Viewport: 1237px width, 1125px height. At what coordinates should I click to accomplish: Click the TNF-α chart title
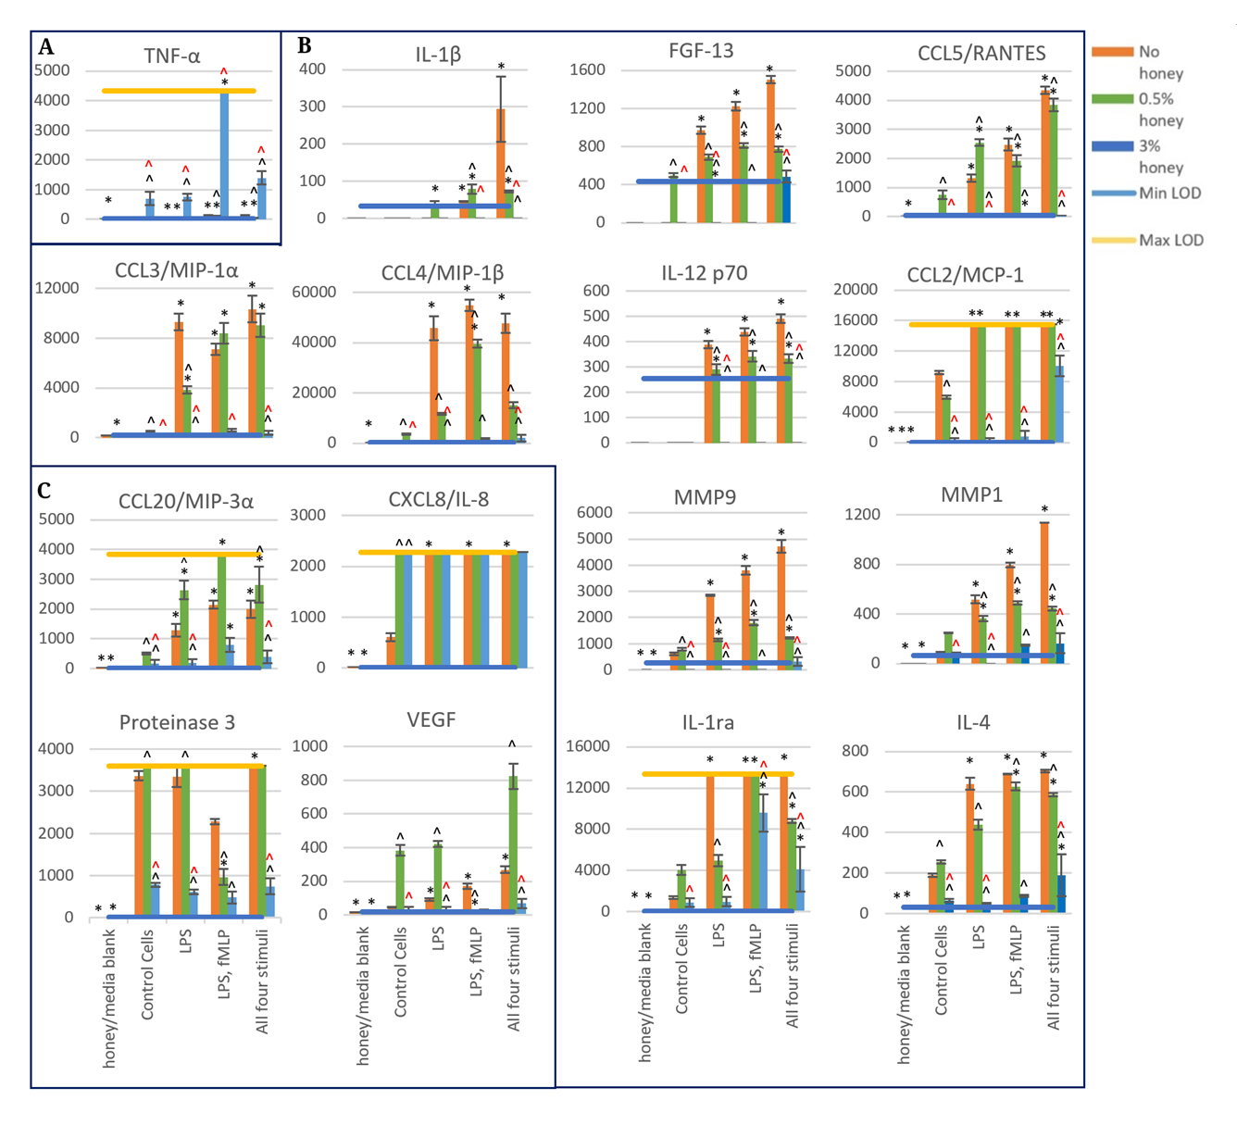click(x=172, y=56)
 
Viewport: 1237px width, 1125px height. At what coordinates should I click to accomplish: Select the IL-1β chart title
click(x=438, y=56)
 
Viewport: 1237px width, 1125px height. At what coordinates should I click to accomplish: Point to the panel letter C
click(x=44, y=491)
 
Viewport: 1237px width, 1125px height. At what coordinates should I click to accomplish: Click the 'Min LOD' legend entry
click(x=1169, y=193)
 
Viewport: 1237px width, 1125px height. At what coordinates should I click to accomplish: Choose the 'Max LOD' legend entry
click(x=1170, y=240)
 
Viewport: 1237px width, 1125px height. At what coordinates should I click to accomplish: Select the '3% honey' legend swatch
click(x=1113, y=146)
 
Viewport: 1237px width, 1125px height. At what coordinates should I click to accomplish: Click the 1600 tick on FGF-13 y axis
click(x=588, y=69)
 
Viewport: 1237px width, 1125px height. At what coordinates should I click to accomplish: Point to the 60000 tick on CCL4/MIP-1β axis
click(x=314, y=293)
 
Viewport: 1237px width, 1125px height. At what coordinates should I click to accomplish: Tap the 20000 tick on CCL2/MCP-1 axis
click(x=856, y=290)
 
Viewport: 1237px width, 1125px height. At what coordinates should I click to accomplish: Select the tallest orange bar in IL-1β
click(x=501, y=163)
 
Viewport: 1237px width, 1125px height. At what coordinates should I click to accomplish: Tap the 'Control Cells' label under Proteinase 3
click(x=147, y=975)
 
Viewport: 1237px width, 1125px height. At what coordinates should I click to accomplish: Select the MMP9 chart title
click(x=705, y=498)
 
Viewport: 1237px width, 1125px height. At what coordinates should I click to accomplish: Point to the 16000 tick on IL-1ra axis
click(x=588, y=746)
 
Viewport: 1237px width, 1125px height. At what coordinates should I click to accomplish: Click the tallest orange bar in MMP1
click(x=1044, y=593)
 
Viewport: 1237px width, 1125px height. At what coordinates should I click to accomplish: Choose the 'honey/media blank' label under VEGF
click(x=363, y=996)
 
